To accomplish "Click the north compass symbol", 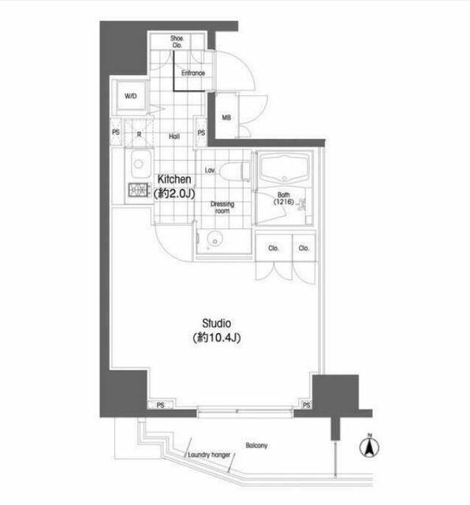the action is [x=369, y=447].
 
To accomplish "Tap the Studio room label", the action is [x=216, y=323].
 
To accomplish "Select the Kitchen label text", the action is [x=174, y=179].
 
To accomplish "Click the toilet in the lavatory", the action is [x=234, y=170].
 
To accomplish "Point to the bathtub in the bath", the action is [x=284, y=169].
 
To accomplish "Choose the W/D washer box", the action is [x=132, y=95].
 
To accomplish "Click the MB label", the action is [x=226, y=118].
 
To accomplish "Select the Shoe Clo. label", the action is [x=177, y=42].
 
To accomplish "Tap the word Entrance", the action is [x=193, y=73].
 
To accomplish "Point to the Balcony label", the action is [x=256, y=445].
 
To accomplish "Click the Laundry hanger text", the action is [x=209, y=454].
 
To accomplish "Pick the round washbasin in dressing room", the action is [x=214, y=238].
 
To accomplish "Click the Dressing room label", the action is [x=222, y=208].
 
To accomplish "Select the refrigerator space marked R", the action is [x=139, y=134].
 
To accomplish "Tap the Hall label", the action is [x=174, y=137].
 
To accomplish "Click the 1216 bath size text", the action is [x=284, y=202].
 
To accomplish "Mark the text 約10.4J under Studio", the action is [x=216, y=338].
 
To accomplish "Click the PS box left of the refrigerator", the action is [x=116, y=132].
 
